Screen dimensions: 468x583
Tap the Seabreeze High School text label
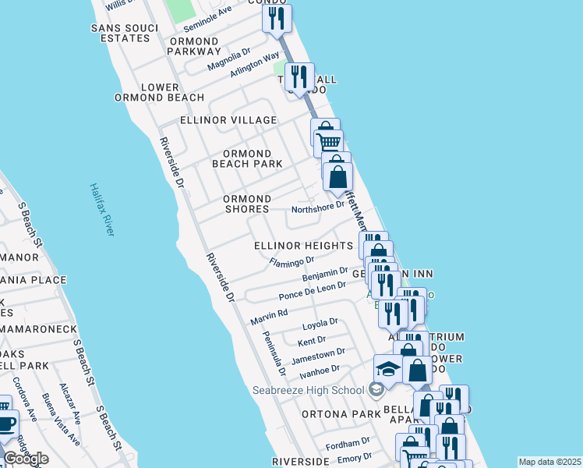[x=308, y=390]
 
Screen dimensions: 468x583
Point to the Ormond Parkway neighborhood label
[x=194, y=46]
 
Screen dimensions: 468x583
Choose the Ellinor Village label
[x=228, y=120]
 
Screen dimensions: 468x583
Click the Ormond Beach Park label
[x=247, y=158]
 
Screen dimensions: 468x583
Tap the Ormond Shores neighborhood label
[x=247, y=204]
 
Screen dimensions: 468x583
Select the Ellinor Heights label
[x=304, y=246]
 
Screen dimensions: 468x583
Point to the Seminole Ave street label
[x=208, y=16]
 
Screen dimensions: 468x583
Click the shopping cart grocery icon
[x=329, y=140]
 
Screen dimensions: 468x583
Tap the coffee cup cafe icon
[x=7, y=424]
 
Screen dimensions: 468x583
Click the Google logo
[x=26, y=459]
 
